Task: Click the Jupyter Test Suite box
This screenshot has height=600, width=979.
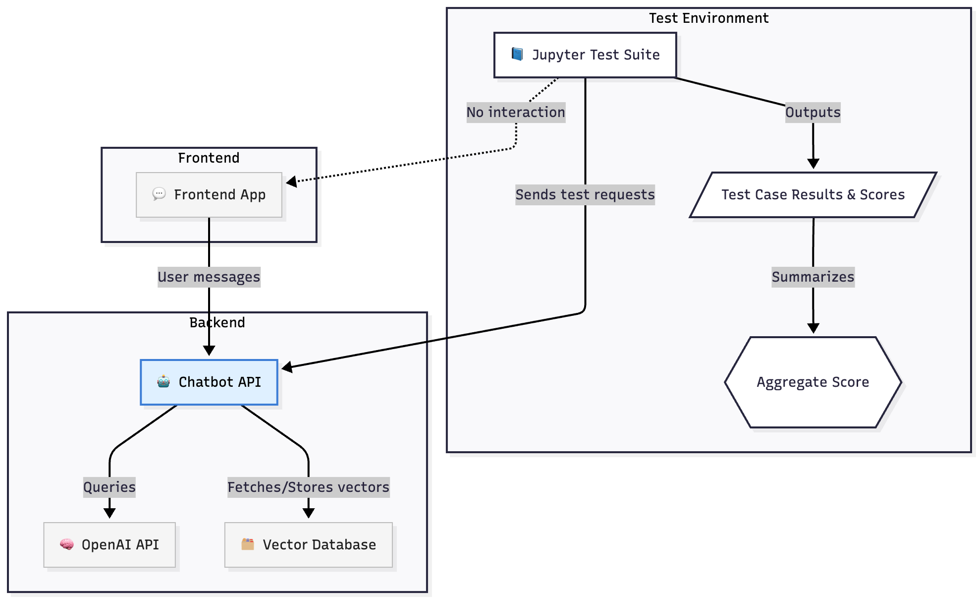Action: tap(585, 55)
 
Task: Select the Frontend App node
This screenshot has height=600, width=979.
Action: tap(209, 195)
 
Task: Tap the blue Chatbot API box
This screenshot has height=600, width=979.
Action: tap(209, 382)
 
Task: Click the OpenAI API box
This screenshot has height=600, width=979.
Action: tap(109, 545)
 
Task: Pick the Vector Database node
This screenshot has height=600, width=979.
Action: tap(308, 545)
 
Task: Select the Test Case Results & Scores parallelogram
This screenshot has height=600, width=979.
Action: tap(813, 195)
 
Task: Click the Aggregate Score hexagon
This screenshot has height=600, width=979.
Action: tap(813, 382)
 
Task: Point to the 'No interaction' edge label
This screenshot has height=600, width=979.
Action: tap(516, 113)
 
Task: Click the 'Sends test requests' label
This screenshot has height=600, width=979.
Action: tap(585, 195)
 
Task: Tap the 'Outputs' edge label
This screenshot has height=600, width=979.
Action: tap(813, 113)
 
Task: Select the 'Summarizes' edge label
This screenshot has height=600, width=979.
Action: tap(813, 277)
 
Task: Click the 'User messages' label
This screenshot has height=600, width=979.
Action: tap(209, 277)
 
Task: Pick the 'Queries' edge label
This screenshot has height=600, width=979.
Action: tap(109, 487)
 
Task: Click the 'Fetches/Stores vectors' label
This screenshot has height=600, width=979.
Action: tap(308, 487)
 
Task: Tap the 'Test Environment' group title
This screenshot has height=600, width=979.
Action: tap(708, 18)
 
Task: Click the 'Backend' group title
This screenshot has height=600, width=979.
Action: tap(217, 323)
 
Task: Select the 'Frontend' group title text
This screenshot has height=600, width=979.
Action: tap(209, 158)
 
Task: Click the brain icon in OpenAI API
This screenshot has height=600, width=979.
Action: tap(67, 544)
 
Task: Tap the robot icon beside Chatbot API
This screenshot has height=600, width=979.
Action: tap(163, 382)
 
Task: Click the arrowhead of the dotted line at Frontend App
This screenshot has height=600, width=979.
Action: tap(291, 181)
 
